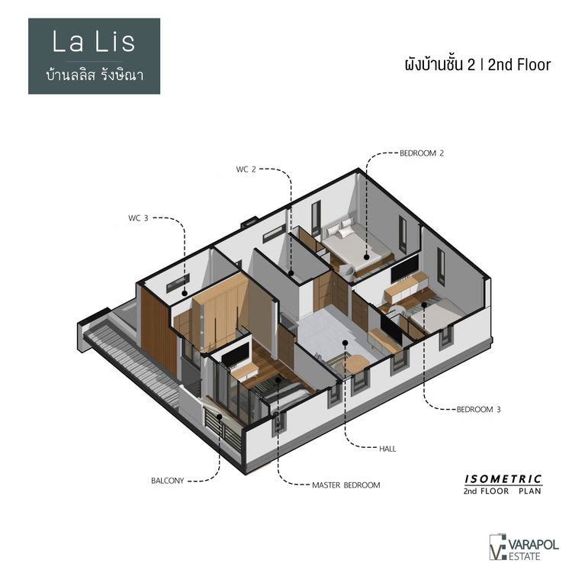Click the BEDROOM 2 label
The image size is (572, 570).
422,153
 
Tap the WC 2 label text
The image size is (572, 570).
246,169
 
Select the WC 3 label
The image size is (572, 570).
137,218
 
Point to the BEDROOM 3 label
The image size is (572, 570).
478,410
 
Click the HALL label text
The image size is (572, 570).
388,449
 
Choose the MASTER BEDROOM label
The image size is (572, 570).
345,485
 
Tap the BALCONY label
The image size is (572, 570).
167,481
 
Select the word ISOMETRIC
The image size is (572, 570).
503,479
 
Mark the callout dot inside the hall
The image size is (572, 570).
345,343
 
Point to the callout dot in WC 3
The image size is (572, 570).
185,292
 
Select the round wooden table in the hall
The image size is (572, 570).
352,365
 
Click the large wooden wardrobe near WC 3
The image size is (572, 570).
221,305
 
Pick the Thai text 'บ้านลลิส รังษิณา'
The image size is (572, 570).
95,76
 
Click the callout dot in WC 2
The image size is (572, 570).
291,271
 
